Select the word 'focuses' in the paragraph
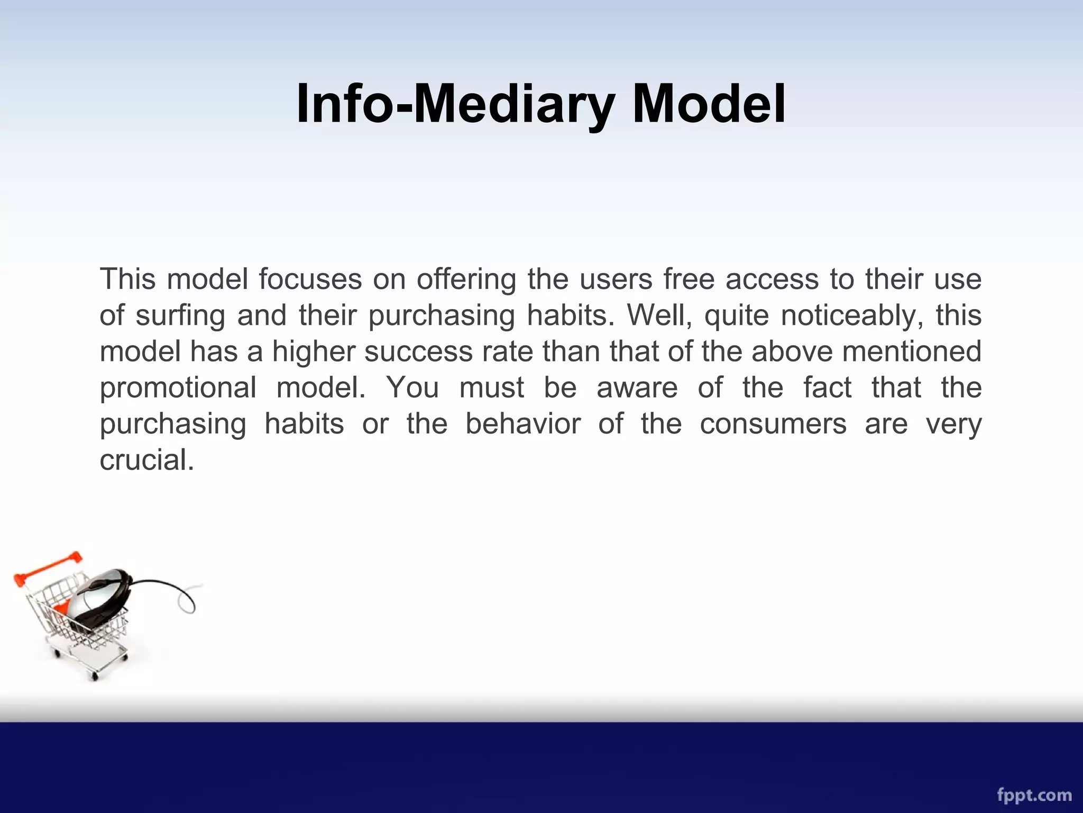(x=310, y=279)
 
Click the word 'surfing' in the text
(x=180, y=316)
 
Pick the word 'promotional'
(x=178, y=388)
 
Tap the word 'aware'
(x=637, y=387)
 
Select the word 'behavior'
(x=522, y=423)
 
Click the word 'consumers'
(x=773, y=423)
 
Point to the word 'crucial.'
(x=147, y=460)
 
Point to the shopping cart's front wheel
(x=95, y=676)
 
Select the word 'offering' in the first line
(x=466, y=279)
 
